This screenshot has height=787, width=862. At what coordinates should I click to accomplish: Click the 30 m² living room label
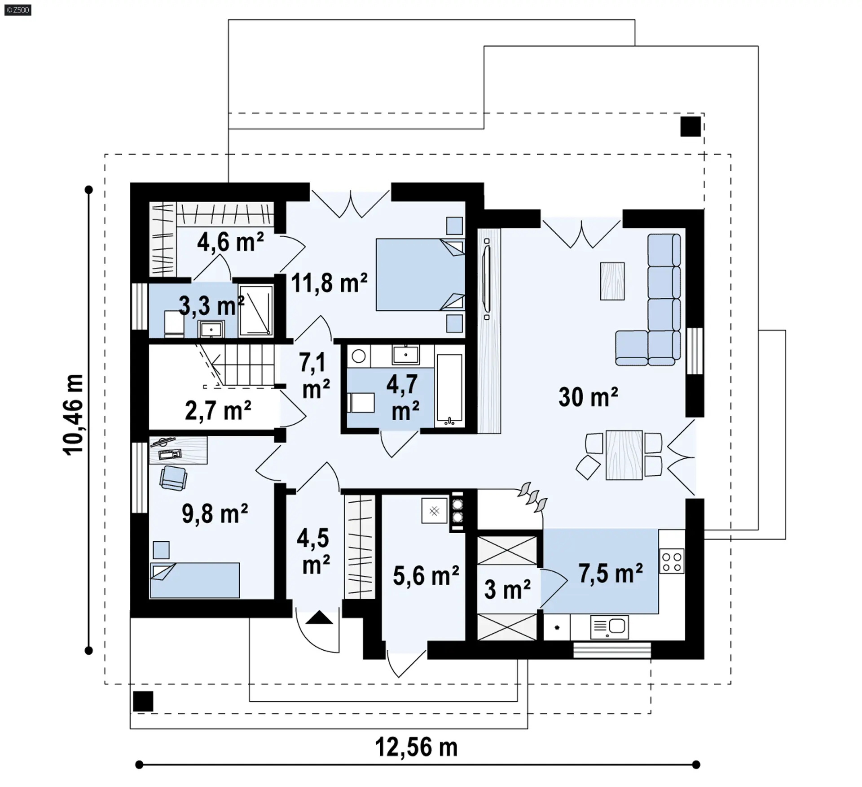point(588,397)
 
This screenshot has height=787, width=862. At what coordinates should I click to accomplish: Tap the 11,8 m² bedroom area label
point(329,283)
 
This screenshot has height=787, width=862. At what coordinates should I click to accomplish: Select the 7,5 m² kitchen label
point(611,574)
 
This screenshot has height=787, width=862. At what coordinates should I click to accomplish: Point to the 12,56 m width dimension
point(416,748)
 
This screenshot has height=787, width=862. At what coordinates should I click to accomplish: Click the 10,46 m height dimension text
point(73,415)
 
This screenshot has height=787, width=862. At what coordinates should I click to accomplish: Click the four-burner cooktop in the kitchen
point(672,561)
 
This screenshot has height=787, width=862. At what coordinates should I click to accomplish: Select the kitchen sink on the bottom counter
point(609,627)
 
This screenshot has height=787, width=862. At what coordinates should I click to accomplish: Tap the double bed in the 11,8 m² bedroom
point(420,274)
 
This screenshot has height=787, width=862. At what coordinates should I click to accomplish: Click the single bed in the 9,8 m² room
point(195,580)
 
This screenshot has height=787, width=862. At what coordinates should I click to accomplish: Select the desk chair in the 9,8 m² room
point(173,478)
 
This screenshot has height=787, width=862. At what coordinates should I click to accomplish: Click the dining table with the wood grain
point(624,455)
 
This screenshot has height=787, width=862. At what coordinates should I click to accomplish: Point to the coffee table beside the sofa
point(612,281)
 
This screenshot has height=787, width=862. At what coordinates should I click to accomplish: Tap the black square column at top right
point(690,126)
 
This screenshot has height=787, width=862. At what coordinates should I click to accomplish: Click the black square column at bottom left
point(143,701)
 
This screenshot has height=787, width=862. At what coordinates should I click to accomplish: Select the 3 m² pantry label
point(507,589)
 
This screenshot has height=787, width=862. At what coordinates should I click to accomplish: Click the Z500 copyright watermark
point(18,9)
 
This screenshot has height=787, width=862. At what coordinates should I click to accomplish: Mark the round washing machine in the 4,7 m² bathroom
point(359,357)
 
